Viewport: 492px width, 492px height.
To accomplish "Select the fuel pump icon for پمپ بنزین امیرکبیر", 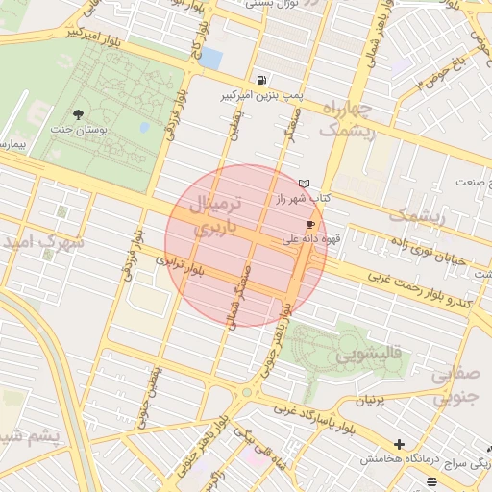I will (x=262, y=80).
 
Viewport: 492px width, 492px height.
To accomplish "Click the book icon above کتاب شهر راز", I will (x=305, y=183).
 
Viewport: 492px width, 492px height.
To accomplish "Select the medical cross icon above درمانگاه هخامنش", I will (x=399, y=444).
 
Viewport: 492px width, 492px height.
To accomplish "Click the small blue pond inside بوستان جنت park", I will (x=144, y=127).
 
